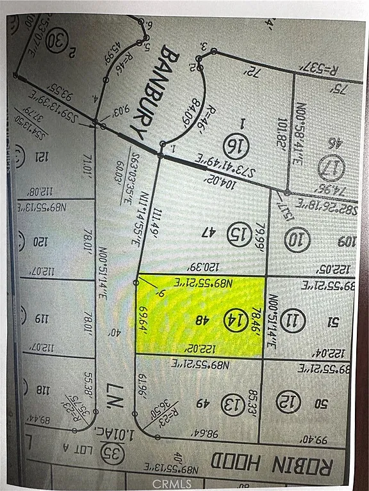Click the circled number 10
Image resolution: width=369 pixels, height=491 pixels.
click(x=299, y=240)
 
